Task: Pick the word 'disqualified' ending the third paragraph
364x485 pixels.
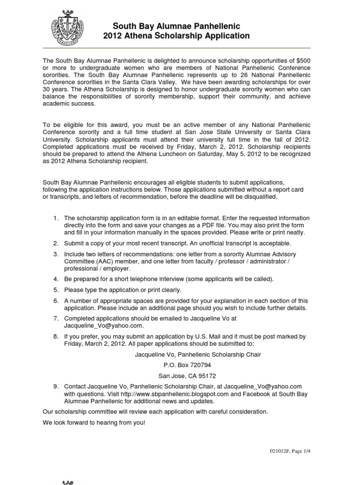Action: click(x=268, y=197)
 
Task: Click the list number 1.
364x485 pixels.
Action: click(x=55, y=218)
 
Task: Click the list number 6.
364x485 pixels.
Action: click(x=55, y=301)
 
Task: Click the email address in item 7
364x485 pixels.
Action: click(x=103, y=326)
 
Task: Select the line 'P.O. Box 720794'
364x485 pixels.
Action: click(x=187, y=365)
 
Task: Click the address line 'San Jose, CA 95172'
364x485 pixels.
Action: click(x=187, y=376)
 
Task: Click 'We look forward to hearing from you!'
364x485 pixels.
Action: click(x=94, y=422)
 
